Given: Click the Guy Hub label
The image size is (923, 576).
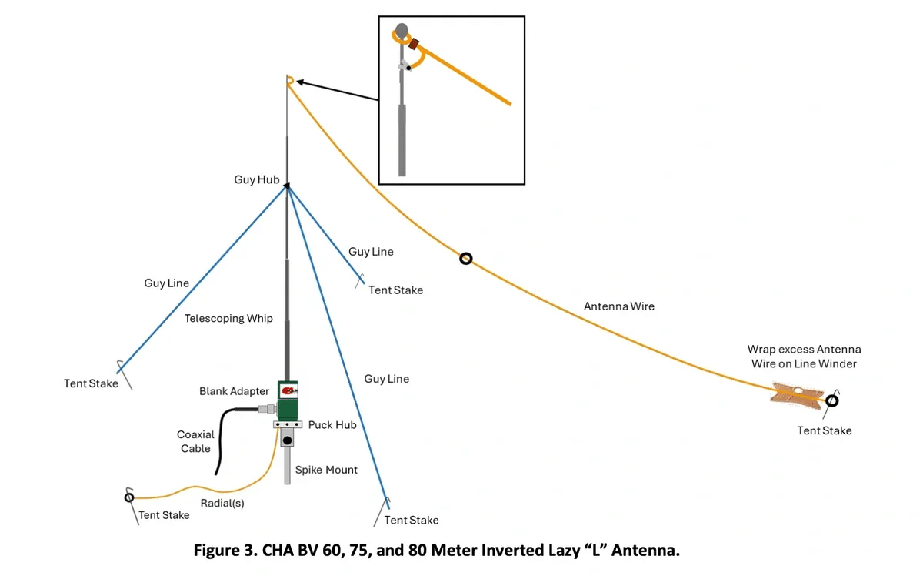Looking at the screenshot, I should pos(256,179).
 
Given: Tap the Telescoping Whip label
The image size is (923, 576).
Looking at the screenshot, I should pos(228,318).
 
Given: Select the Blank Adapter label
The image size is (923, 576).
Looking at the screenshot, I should pos(234,391).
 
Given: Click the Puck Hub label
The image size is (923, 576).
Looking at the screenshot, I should pos(332,424).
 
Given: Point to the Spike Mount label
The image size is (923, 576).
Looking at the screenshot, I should pos(326,470).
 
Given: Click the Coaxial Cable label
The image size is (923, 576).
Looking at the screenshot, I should pos(195,441).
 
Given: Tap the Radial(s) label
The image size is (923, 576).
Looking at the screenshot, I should pos(222,503).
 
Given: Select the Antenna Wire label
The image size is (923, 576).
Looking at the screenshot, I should pos(619,306).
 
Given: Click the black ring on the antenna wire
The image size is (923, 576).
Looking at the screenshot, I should pos(465,259).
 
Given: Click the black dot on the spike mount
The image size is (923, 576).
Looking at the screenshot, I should pos(288,441).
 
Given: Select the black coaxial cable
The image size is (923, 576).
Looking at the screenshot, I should pos(223,439).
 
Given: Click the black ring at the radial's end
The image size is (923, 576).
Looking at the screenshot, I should pos(129,497).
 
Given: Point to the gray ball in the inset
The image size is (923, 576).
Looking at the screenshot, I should pos(402,32).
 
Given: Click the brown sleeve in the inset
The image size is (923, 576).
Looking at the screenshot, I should pos(415,45).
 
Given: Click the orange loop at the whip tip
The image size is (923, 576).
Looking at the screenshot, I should pos(290,80).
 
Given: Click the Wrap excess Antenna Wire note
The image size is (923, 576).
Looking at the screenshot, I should pos(804,357).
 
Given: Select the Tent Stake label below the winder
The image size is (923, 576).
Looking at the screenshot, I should pos(824,430).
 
